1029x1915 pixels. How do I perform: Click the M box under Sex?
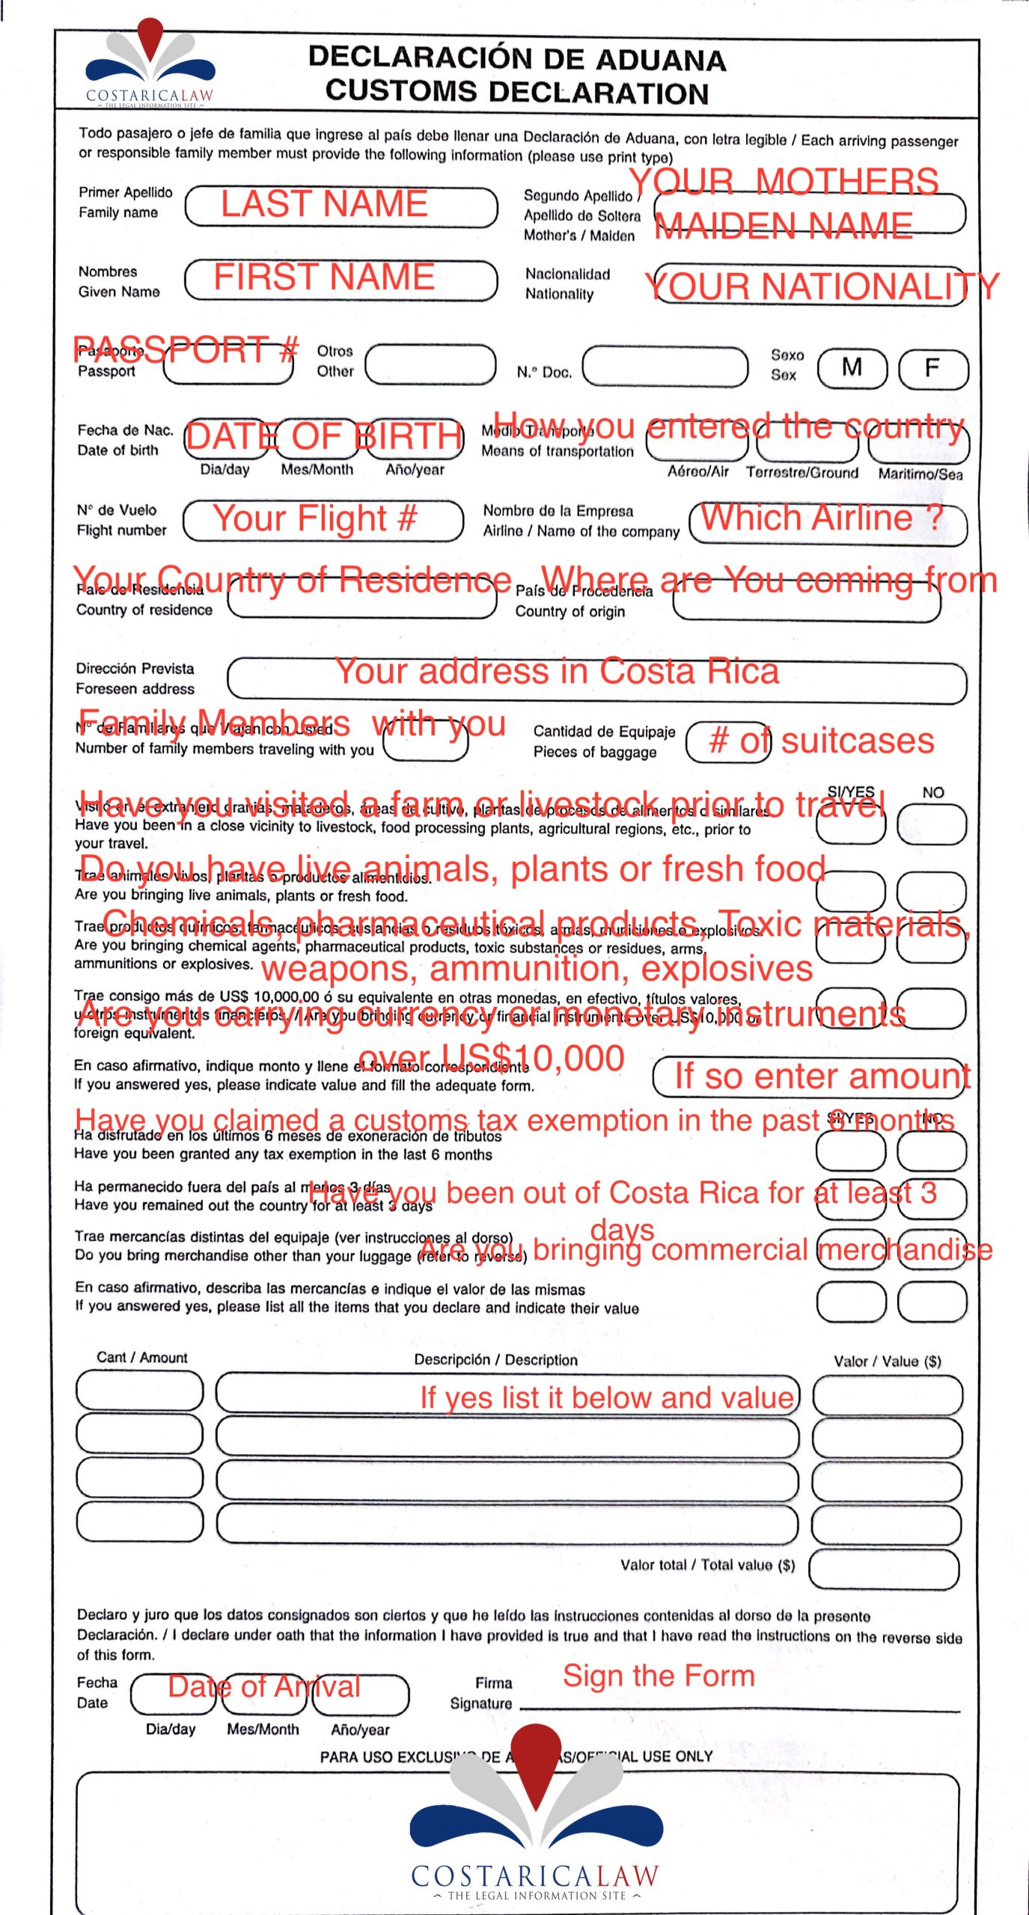852,368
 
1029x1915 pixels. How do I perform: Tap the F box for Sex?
932,369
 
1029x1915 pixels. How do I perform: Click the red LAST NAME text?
324,204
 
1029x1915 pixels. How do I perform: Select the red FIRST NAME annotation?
324,277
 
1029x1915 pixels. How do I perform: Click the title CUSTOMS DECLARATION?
516,93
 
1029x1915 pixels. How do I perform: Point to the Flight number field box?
323,521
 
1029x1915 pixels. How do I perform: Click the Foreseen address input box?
596,681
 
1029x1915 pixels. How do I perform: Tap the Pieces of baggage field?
727,742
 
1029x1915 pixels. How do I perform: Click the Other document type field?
430,364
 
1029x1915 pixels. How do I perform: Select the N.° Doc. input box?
665,366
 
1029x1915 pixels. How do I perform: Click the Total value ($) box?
883,1569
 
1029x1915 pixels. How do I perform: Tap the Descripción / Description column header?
495,1360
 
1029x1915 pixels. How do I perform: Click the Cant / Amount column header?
142,1358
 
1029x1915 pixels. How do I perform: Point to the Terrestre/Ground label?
801,473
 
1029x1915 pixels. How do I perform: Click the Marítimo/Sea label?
920,474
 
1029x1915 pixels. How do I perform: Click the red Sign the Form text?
659,1676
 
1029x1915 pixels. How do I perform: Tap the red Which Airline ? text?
821,518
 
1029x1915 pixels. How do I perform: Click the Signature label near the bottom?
480,1703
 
